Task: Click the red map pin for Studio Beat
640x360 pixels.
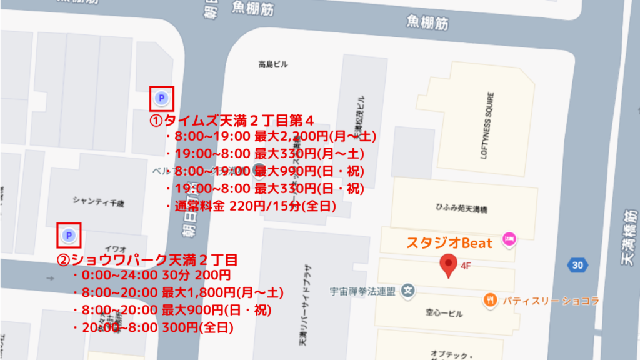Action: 448,265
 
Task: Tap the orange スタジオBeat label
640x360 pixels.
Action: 450,242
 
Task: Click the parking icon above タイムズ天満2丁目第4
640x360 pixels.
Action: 161,98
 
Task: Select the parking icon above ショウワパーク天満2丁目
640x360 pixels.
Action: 69,235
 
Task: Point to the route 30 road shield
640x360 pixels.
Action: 577,265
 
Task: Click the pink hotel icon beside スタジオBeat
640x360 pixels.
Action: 509,238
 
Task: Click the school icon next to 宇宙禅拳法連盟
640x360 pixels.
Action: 408,291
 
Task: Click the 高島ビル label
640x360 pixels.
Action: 273,64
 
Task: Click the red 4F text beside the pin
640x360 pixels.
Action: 466,265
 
